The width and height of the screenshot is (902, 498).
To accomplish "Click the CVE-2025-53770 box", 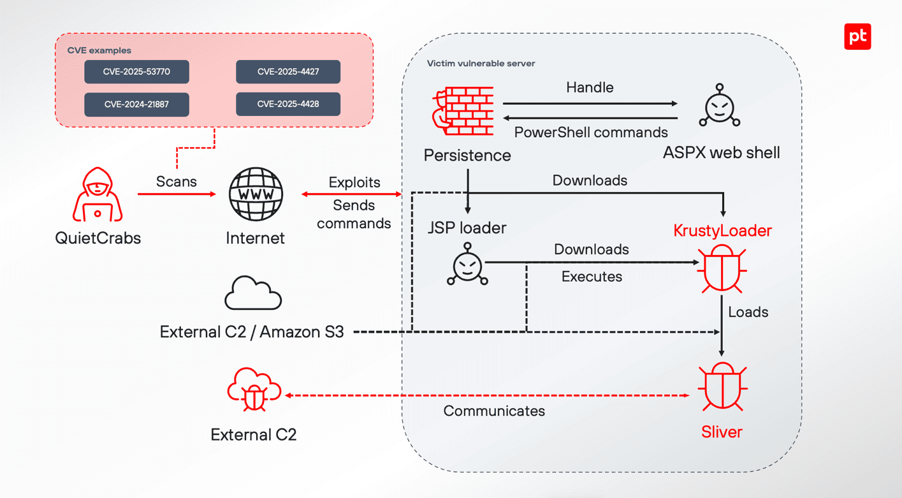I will coord(136,72).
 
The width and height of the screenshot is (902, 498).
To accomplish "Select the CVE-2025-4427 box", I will coord(288,72).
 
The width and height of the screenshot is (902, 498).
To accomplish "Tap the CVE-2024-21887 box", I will coord(136,105).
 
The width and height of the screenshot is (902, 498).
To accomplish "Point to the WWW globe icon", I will coord(256,194).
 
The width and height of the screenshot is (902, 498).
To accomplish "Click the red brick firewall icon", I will coord(464,112).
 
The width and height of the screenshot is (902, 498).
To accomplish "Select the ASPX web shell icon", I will coord(719,106).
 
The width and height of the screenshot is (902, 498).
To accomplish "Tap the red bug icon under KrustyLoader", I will coord(722,268).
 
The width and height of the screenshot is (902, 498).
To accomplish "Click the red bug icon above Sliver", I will coord(722,387).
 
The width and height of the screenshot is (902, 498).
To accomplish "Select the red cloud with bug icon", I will coord(254,390).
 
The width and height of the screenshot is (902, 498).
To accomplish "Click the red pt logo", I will coord(857,36).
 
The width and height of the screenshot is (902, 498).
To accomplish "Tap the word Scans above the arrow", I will coord(177,182).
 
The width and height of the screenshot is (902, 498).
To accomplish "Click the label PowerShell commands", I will coord(591,133).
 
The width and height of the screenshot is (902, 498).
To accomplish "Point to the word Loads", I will coord(748,312).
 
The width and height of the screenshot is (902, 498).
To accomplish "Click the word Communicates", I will coord(494,411).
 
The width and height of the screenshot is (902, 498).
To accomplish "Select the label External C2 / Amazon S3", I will coord(252,332).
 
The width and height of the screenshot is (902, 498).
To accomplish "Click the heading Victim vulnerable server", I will coord(481,64).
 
